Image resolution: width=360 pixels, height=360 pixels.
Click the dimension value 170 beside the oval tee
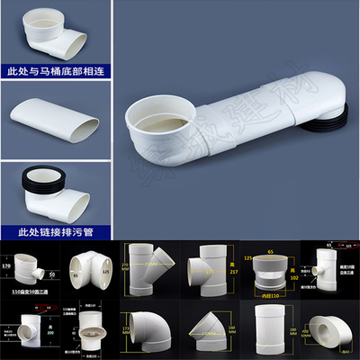click(6, 266)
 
